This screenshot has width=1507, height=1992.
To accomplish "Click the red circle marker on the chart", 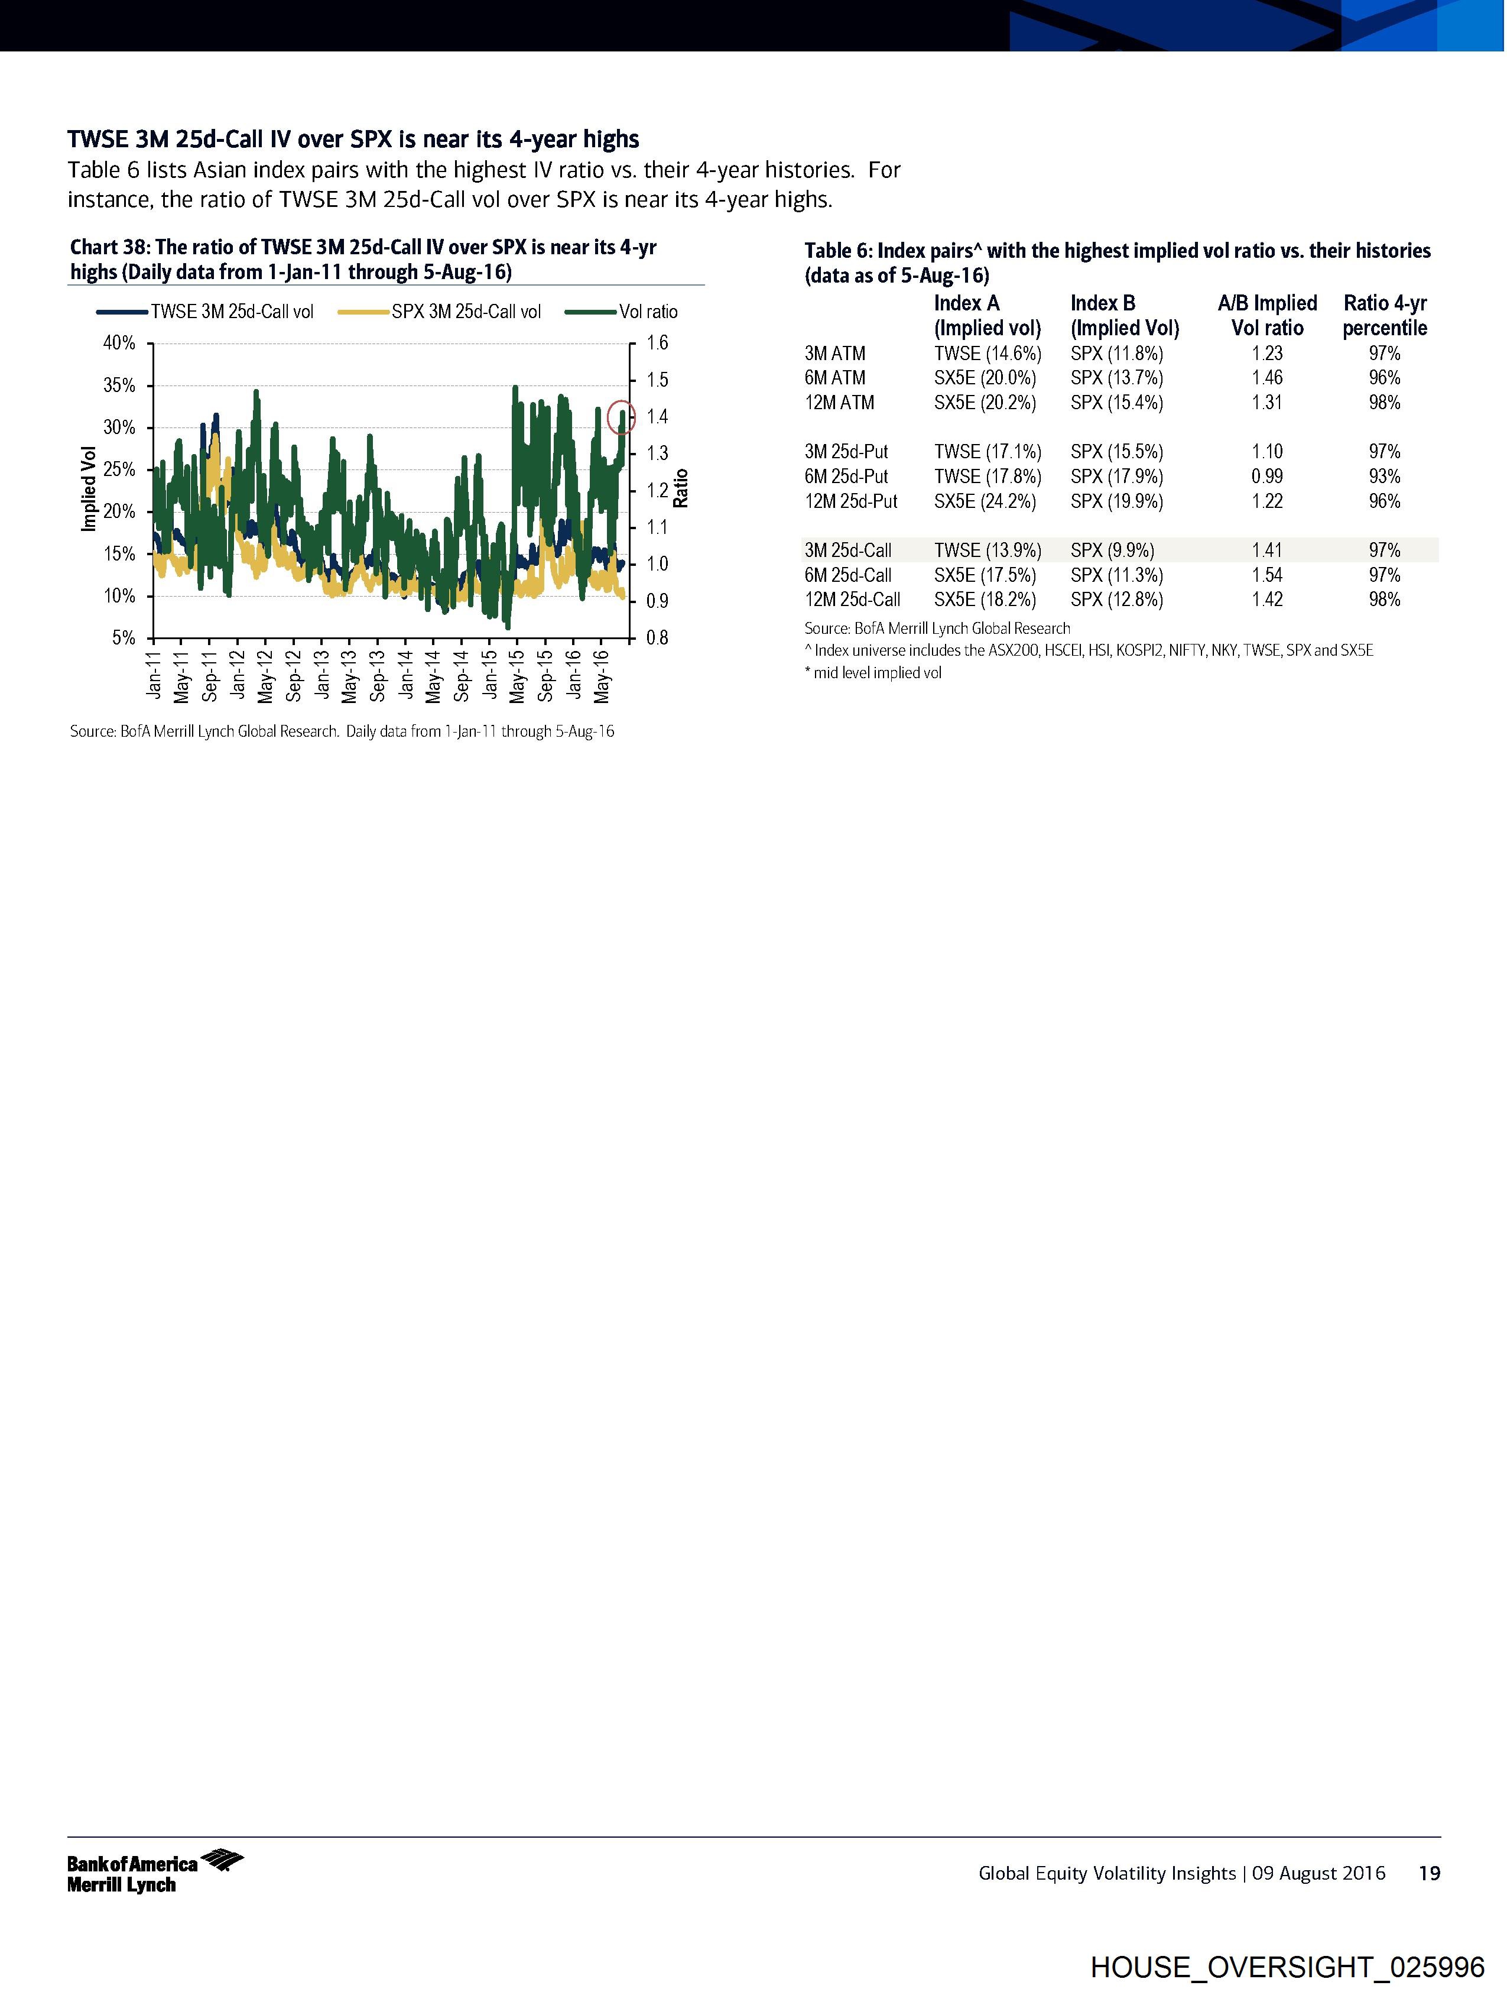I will (621, 417).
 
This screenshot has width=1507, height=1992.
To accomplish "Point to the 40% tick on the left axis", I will (119, 343).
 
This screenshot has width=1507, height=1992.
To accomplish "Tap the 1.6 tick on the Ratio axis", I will (657, 343).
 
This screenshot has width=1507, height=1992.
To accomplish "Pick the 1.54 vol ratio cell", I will (1266, 575).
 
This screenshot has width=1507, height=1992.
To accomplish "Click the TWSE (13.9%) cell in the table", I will (987, 550).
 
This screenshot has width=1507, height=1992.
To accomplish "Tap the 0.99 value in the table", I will (1266, 477).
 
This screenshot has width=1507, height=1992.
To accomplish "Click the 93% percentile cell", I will (1383, 477).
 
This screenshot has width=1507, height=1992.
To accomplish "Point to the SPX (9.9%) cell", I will (1112, 550).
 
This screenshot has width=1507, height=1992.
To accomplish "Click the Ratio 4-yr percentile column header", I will (1383, 315).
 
